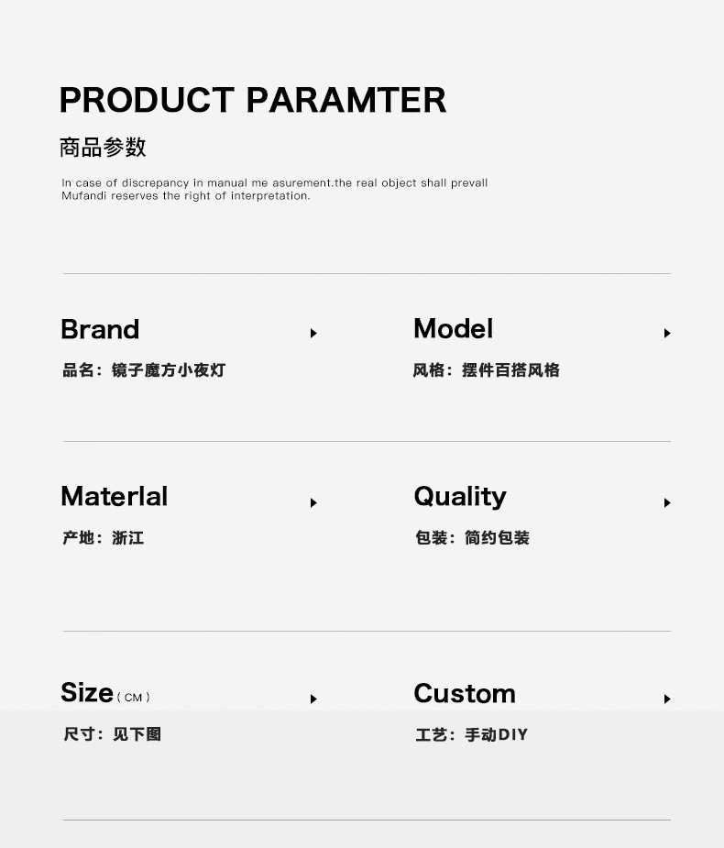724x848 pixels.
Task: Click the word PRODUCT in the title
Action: [x=147, y=100]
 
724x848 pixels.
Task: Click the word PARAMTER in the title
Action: [x=346, y=100]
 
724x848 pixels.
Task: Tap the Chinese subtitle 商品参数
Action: [x=103, y=147]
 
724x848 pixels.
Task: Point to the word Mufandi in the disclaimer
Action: [x=83, y=196]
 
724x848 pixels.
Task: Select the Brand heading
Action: [x=100, y=329]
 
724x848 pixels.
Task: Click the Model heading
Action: [x=453, y=328]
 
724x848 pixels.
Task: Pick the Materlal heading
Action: [x=114, y=496]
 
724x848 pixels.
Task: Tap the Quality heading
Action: [x=460, y=497]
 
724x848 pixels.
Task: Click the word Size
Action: [x=87, y=692]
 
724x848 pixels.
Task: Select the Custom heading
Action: [x=465, y=693]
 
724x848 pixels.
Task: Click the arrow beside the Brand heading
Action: [x=313, y=333]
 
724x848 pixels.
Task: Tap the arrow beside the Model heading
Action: [x=667, y=333]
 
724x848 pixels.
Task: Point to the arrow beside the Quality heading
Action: [x=667, y=503]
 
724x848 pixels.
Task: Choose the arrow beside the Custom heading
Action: [x=667, y=699]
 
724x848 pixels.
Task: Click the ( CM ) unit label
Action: [x=133, y=698]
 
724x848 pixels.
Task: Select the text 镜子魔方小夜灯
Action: [x=169, y=370]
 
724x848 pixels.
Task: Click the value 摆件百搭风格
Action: [x=511, y=370]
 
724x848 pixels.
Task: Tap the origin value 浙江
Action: [x=128, y=538]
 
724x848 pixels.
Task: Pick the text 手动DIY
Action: [x=497, y=735]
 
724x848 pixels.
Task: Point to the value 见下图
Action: [x=137, y=734]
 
